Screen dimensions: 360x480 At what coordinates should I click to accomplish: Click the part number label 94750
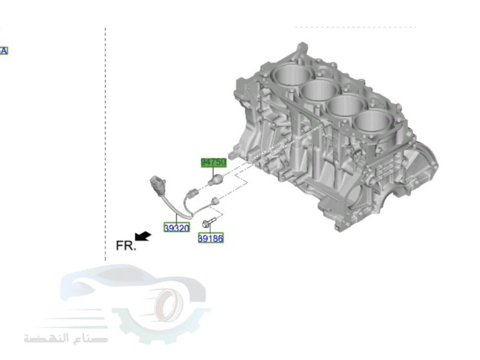pyautogui.click(x=213, y=162)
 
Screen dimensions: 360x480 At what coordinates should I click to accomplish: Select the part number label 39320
pyautogui.click(x=177, y=228)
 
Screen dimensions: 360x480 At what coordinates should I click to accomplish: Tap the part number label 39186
pyautogui.click(x=211, y=238)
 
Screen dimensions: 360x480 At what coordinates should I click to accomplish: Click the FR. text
pyautogui.click(x=126, y=246)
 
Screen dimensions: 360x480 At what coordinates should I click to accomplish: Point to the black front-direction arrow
pyautogui.click(x=143, y=236)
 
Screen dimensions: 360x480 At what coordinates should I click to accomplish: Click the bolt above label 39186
pyautogui.click(x=208, y=222)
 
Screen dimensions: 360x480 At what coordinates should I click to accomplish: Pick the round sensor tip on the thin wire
pyautogui.click(x=215, y=200)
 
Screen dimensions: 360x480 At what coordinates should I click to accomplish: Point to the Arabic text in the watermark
pyautogui.click(x=66, y=337)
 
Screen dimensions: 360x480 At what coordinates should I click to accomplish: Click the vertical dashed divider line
pyautogui.click(x=106, y=144)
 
